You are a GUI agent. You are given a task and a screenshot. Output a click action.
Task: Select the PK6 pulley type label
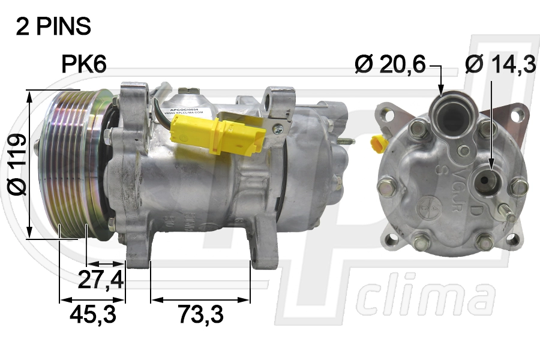[84, 65]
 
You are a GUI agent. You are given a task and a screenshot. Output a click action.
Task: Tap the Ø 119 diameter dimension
[17, 164]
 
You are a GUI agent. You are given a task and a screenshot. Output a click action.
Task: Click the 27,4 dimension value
[100, 279]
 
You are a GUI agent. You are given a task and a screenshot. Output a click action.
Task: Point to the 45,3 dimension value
[92, 313]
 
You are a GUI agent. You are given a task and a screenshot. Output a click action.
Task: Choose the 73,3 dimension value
[200, 313]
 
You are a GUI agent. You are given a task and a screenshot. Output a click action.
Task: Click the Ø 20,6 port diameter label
[389, 64]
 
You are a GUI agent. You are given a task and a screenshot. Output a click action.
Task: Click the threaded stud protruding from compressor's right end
[346, 143]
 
